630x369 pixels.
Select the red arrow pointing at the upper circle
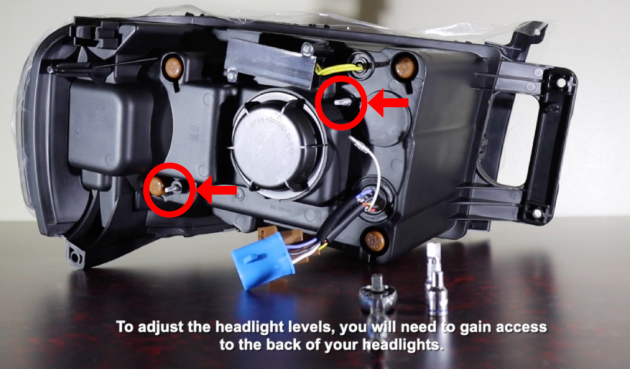(391, 105)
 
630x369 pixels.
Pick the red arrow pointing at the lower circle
(219, 192)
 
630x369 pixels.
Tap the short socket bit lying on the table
(377, 293)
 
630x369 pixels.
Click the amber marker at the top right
(405, 67)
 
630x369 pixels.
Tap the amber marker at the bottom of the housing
(375, 240)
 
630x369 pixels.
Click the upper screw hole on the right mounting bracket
(561, 81)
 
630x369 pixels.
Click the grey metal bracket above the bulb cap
(271, 61)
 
